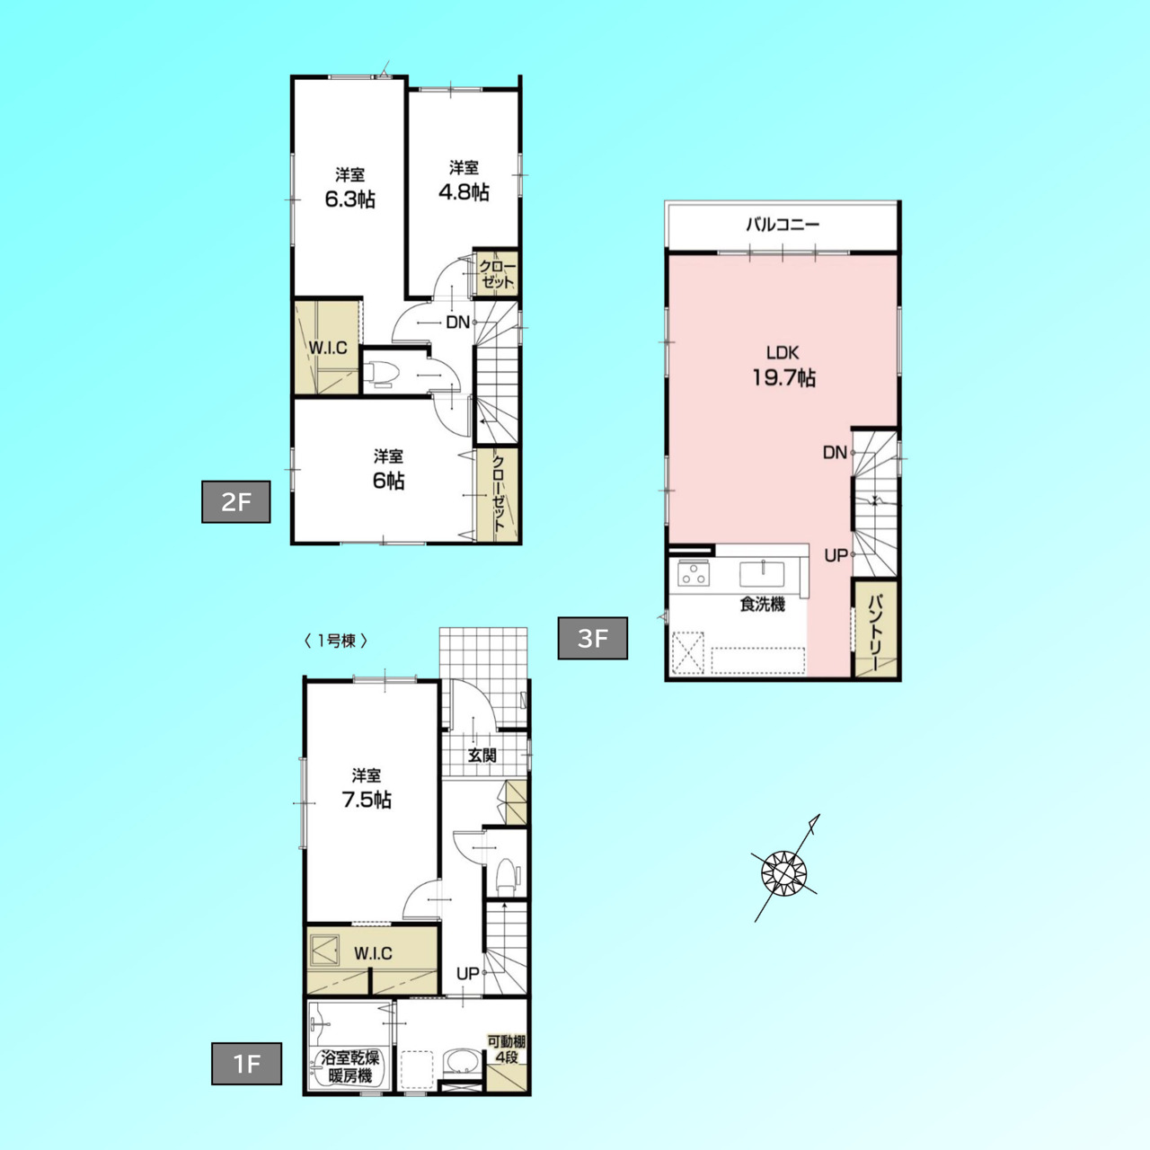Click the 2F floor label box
235,502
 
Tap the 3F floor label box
593,638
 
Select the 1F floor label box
246,1064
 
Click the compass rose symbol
784,873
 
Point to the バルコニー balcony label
783,225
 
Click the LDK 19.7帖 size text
783,377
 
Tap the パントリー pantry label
875,632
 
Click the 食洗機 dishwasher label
762,605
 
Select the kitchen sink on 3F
763,574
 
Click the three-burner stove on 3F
694,574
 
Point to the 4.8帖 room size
464,192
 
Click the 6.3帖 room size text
349,199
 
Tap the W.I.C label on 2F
328,349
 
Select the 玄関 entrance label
482,755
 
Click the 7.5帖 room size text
367,799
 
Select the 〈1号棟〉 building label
336,641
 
